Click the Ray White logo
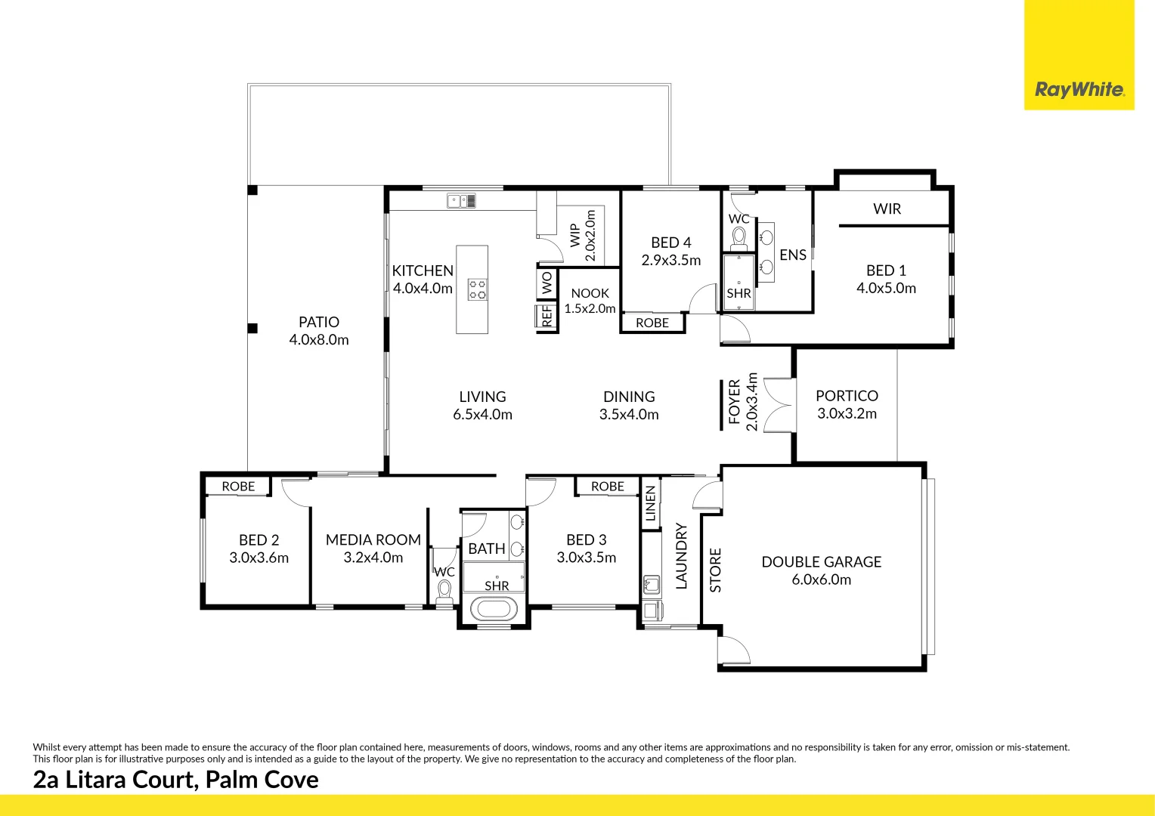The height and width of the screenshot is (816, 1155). click(1079, 90)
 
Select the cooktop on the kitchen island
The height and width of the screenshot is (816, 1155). click(477, 289)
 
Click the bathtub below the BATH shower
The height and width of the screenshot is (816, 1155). click(494, 608)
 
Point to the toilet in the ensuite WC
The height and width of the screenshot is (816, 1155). click(739, 238)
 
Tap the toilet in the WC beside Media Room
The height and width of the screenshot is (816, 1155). click(444, 591)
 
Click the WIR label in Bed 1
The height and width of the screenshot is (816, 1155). click(887, 209)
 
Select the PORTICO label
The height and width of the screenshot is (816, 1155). click(847, 396)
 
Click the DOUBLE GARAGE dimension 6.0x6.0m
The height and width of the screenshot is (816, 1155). click(821, 580)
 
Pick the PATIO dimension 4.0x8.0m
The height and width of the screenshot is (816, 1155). click(319, 340)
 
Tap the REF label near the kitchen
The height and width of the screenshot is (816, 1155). click(547, 316)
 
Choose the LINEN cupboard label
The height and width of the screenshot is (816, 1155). click(650, 503)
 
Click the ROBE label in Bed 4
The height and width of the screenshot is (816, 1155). click(652, 323)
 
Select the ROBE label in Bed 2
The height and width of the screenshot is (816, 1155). click(238, 487)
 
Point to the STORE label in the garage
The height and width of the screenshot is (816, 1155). click(715, 570)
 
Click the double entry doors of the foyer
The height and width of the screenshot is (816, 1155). click(779, 405)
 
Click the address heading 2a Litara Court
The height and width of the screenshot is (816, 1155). click(175, 780)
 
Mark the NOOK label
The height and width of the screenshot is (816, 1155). click(590, 293)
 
